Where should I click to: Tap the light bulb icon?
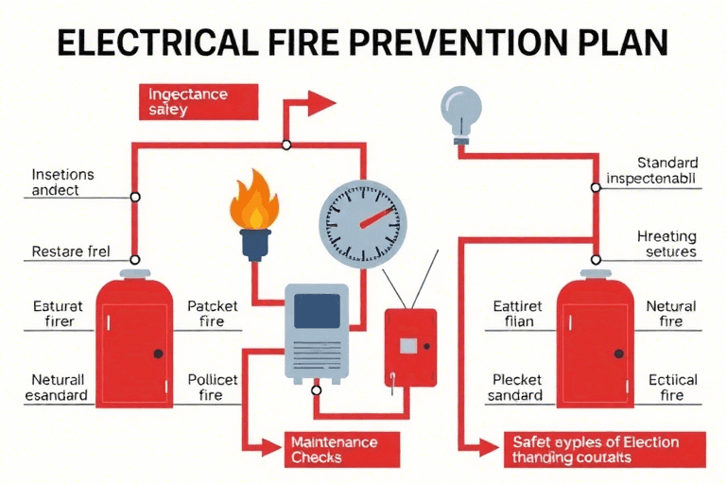tap(461, 110)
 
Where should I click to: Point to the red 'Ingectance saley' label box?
tap(199, 101)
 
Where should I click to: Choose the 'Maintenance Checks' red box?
tap(334, 449)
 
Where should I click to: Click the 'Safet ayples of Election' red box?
tap(602, 447)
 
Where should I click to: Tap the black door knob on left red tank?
tap(157, 353)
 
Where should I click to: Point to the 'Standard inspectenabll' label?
tap(651, 169)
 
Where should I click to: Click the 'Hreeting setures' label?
tap(666, 244)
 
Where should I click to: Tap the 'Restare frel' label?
tap(71, 252)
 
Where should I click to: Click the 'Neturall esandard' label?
tap(58, 388)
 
